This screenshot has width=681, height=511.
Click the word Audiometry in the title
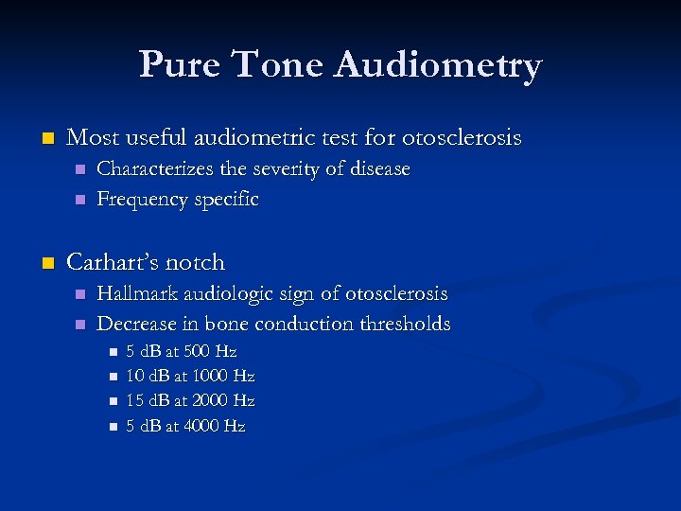coord(438,65)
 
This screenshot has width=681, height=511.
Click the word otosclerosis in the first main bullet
coord(462,138)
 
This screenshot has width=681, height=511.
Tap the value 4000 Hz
coord(218,426)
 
